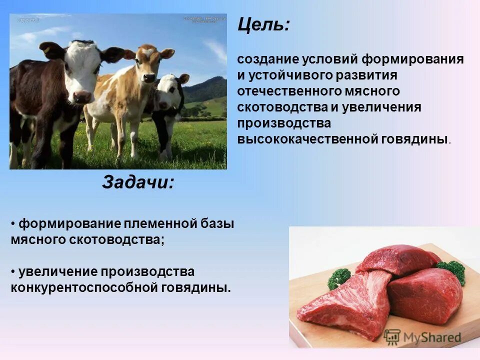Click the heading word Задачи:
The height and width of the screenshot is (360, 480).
click(138, 182)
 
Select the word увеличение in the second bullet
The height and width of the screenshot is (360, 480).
click(57, 272)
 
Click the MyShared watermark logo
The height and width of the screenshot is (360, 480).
click(422, 336)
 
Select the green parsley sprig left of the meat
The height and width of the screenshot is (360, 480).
click(340, 278)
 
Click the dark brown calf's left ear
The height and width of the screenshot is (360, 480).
click(50, 49)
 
